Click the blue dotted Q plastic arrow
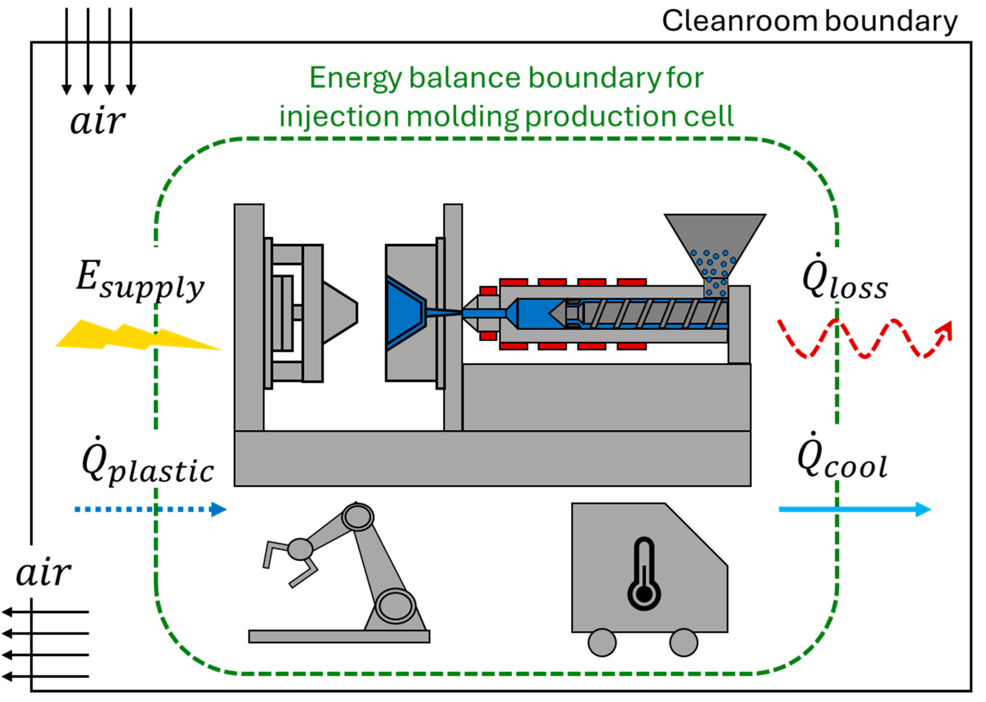click(150, 509)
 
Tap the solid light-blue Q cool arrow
click(855, 509)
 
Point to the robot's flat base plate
click(339, 636)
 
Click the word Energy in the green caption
click(356, 79)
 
